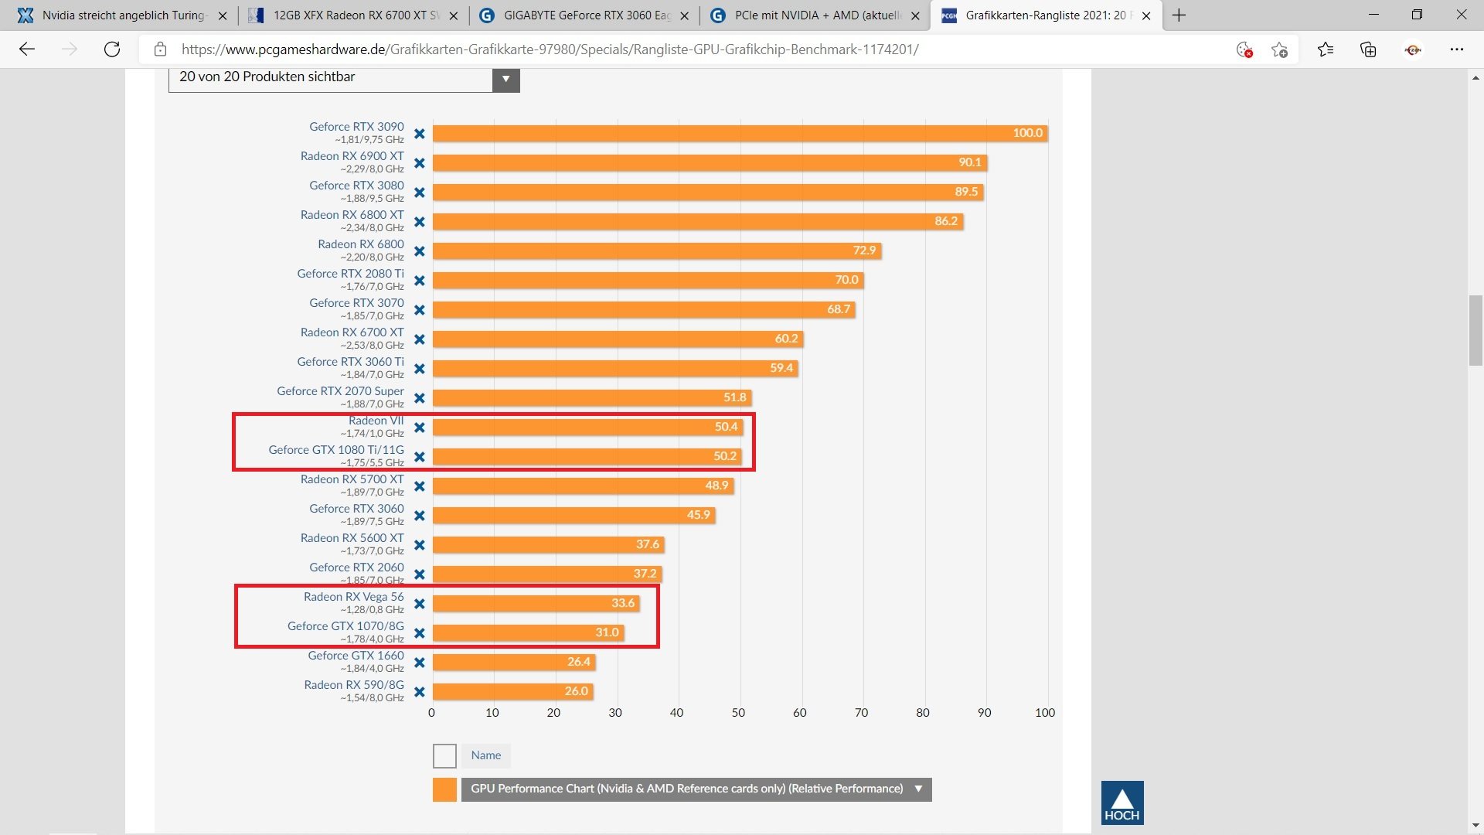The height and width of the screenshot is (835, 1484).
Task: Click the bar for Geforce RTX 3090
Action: (739, 133)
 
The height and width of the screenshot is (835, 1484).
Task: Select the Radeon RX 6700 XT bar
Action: (618, 339)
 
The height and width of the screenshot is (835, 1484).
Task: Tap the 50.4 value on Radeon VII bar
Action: (726, 427)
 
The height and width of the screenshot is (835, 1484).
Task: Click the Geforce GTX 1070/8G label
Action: (345, 626)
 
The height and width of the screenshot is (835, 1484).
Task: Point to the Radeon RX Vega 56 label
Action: (353, 597)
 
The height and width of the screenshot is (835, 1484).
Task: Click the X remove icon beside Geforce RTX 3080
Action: (420, 193)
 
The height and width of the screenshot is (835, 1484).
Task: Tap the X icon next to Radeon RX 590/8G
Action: (420, 692)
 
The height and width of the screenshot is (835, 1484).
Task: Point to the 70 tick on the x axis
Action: (861, 713)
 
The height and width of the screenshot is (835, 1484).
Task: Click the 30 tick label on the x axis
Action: (615, 713)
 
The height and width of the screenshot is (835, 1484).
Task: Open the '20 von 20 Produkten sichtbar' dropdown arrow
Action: (505, 78)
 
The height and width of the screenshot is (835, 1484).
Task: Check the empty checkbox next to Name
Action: (444, 755)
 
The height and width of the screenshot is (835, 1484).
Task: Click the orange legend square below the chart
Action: (444, 789)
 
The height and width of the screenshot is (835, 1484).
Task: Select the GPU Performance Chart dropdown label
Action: (686, 789)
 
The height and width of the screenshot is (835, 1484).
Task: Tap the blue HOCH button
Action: (1122, 803)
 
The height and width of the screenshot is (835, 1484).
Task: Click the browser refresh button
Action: (112, 49)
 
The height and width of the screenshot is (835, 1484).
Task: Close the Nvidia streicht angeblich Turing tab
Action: (223, 15)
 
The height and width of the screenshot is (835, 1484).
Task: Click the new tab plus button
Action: (1179, 15)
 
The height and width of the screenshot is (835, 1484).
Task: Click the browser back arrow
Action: (28, 49)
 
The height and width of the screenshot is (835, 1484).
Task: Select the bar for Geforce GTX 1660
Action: (513, 662)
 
